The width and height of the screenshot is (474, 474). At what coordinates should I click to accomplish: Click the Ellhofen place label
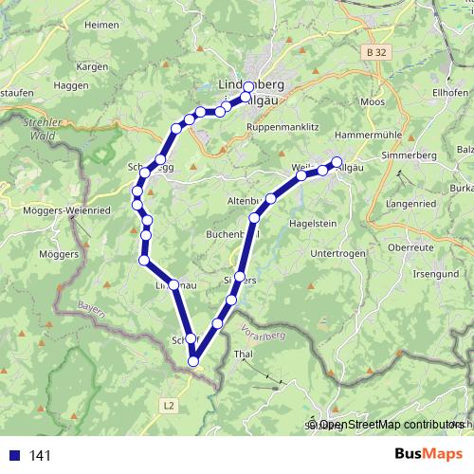(450, 92)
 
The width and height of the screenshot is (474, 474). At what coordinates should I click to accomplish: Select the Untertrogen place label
(337, 253)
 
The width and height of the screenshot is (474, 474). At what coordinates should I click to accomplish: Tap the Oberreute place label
(410, 246)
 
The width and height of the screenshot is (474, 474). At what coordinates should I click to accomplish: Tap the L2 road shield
(169, 405)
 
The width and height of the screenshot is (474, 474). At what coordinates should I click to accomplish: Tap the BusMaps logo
(422, 454)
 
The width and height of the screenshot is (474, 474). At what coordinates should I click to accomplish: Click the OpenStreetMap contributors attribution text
(392, 426)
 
